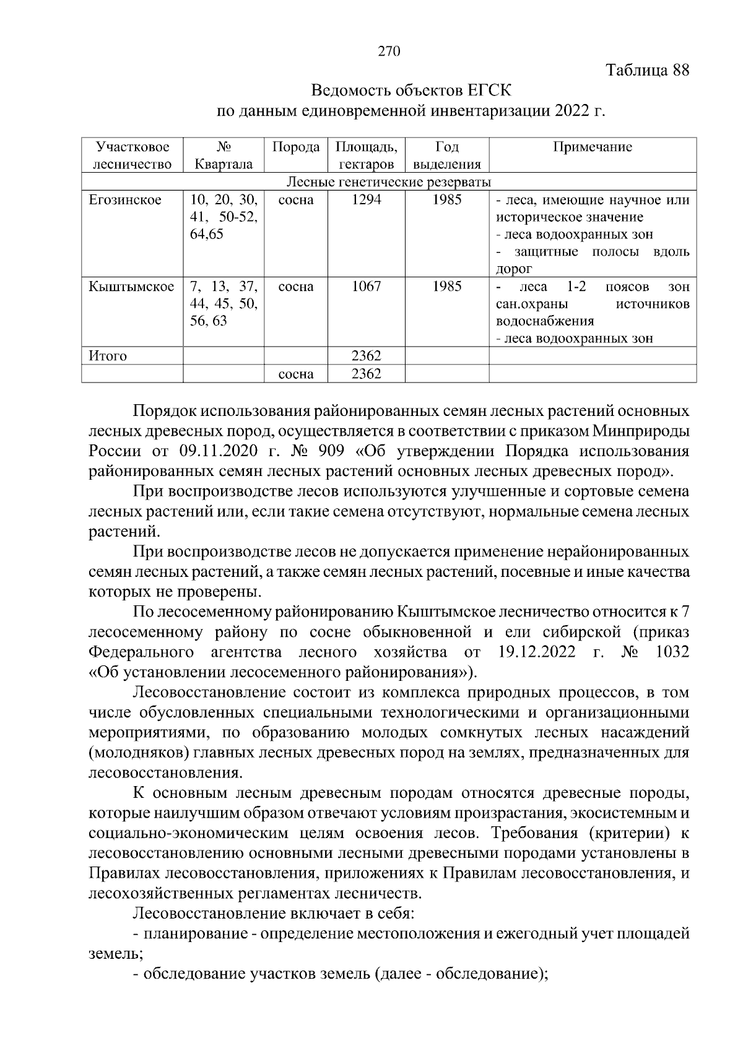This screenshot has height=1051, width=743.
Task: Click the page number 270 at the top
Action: pyautogui.click(x=389, y=51)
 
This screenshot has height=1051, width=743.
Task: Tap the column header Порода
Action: pyautogui.click(x=296, y=147)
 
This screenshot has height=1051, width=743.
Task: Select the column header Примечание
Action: pyautogui.click(x=592, y=147)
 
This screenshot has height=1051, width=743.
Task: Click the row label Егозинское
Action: pyautogui.click(x=126, y=200)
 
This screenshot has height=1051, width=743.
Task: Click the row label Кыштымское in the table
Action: pyautogui.click(x=131, y=287)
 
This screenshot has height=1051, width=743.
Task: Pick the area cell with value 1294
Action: pyautogui.click(x=366, y=200)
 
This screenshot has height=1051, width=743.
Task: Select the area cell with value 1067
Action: pyautogui.click(x=366, y=287)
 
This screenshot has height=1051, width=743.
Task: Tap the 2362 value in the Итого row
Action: pyautogui.click(x=366, y=356)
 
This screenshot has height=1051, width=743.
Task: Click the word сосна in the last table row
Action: pyautogui.click(x=296, y=374)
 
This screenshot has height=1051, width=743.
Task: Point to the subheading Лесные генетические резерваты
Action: pyautogui.click(x=389, y=182)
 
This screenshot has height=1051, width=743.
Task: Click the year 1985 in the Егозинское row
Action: pyautogui.click(x=446, y=200)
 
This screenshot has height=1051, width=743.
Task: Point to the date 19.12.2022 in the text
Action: pyautogui.click(x=536, y=652)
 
